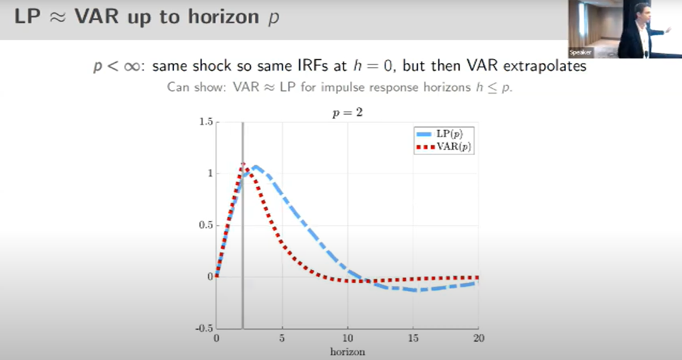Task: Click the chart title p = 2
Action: pos(348,113)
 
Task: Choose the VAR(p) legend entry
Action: pos(443,146)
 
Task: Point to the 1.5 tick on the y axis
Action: pos(206,122)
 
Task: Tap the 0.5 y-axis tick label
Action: pos(206,225)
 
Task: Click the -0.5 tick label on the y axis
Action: pos(204,328)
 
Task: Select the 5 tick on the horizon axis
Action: pos(282,338)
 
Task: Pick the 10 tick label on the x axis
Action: pos(348,338)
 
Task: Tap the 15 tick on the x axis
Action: pos(413,338)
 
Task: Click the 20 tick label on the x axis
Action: pos(479,338)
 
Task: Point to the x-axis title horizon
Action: pos(348,352)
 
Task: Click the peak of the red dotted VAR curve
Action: pos(243,164)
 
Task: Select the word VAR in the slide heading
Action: pos(96,17)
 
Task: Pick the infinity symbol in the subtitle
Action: pos(132,67)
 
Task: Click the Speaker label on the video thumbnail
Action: pos(580,52)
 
